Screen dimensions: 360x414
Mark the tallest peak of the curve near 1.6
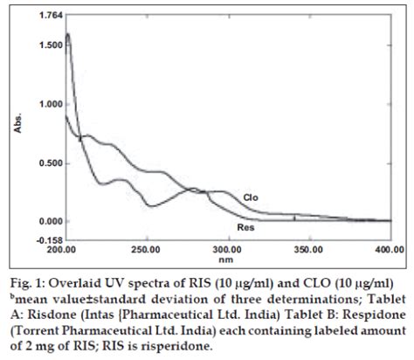coord(68,35)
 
